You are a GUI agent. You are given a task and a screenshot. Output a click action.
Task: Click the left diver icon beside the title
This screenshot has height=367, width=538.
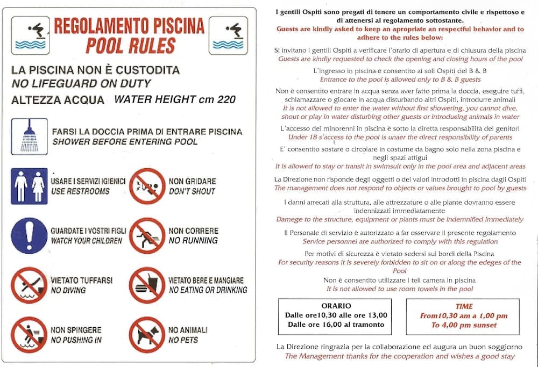point(31,35)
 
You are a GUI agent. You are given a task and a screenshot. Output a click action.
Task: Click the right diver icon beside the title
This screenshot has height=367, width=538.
point(228,35)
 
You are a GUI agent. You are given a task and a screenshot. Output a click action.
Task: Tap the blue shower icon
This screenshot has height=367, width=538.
point(29,136)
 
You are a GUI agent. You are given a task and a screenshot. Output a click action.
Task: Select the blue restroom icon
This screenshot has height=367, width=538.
point(29,186)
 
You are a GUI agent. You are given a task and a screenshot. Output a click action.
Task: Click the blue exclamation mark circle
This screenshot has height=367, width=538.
point(29,235)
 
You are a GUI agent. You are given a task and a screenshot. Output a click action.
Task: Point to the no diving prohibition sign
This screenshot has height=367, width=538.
point(29,285)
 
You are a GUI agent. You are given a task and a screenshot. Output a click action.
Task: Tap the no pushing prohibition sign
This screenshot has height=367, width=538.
point(29,334)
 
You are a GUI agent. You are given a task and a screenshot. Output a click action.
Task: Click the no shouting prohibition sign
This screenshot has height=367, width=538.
point(147,186)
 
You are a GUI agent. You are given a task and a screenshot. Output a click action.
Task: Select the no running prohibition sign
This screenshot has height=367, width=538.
point(147,235)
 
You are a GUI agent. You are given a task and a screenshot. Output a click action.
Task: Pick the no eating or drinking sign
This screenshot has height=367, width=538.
point(147,285)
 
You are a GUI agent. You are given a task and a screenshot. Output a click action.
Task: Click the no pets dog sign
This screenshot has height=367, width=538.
point(147,334)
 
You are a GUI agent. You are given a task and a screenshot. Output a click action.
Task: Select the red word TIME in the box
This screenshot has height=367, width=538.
point(463,306)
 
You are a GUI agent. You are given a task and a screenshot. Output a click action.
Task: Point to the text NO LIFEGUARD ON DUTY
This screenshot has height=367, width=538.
point(81,83)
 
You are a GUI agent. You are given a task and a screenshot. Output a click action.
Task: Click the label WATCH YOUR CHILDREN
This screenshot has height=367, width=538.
point(86,241)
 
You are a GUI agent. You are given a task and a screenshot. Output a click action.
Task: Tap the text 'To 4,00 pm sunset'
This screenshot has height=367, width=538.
point(463,325)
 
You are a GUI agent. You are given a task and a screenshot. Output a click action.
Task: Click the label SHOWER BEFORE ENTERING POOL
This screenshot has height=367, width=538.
point(125,142)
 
